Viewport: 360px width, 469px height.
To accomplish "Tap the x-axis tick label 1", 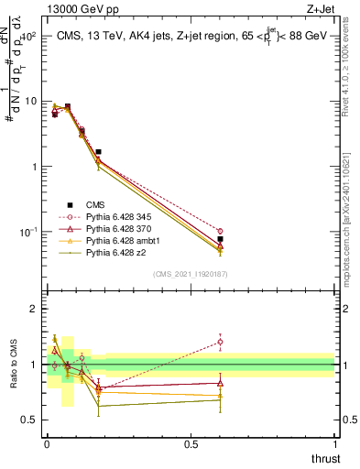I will point(335,443).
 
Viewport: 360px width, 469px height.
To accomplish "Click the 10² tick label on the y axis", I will point(27,37).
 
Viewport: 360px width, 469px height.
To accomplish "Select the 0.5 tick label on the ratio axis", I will point(28,420).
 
